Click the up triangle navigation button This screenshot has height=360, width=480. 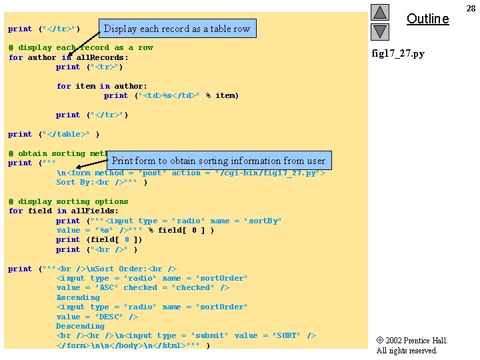[379, 12]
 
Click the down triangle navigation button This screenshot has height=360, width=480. [379, 31]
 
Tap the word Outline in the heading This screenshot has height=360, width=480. [427, 19]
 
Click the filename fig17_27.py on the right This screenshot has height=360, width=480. [398, 53]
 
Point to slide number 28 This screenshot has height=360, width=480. [471, 8]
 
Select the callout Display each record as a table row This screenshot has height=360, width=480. [177, 29]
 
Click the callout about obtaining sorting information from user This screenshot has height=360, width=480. [219, 161]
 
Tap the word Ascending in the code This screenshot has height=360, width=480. [78, 297]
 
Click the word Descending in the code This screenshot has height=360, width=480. [80, 326]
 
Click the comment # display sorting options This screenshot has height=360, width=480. [68, 201]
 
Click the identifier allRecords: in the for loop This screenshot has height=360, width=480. [103, 57]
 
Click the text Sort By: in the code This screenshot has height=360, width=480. [75, 182]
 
